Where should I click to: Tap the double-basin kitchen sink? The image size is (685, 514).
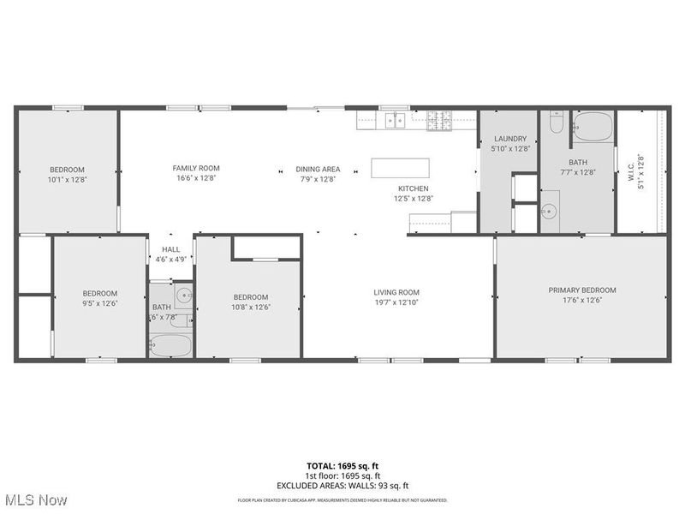pyautogui.click(x=396, y=121)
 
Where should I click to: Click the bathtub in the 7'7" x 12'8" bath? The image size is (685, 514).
pyautogui.click(x=593, y=128)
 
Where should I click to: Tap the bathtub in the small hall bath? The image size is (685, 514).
pyautogui.click(x=170, y=345)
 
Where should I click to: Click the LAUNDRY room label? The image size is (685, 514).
pyautogui.click(x=510, y=139)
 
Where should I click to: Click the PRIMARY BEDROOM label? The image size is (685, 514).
pyautogui.click(x=582, y=290)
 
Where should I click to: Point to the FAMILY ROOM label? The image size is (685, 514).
pyautogui.click(x=196, y=168)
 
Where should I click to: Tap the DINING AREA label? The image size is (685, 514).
pyautogui.click(x=318, y=169)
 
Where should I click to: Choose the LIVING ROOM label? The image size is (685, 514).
pyautogui.click(x=396, y=292)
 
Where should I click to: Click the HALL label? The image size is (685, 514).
pyautogui.click(x=170, y=249)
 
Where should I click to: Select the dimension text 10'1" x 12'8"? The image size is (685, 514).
pyautogui.click(x=68, y=180)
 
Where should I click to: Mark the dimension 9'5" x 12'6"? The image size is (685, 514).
pyautogui.click(x=99, y=303)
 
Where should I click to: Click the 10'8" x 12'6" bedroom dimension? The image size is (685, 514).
pyautogui.click(x=251, y=308)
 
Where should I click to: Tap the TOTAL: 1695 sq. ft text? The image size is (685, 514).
pyautogui.click(x=342, y=466)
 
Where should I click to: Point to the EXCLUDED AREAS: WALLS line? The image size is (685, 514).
pyautogui.click(x=342, y=485)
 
